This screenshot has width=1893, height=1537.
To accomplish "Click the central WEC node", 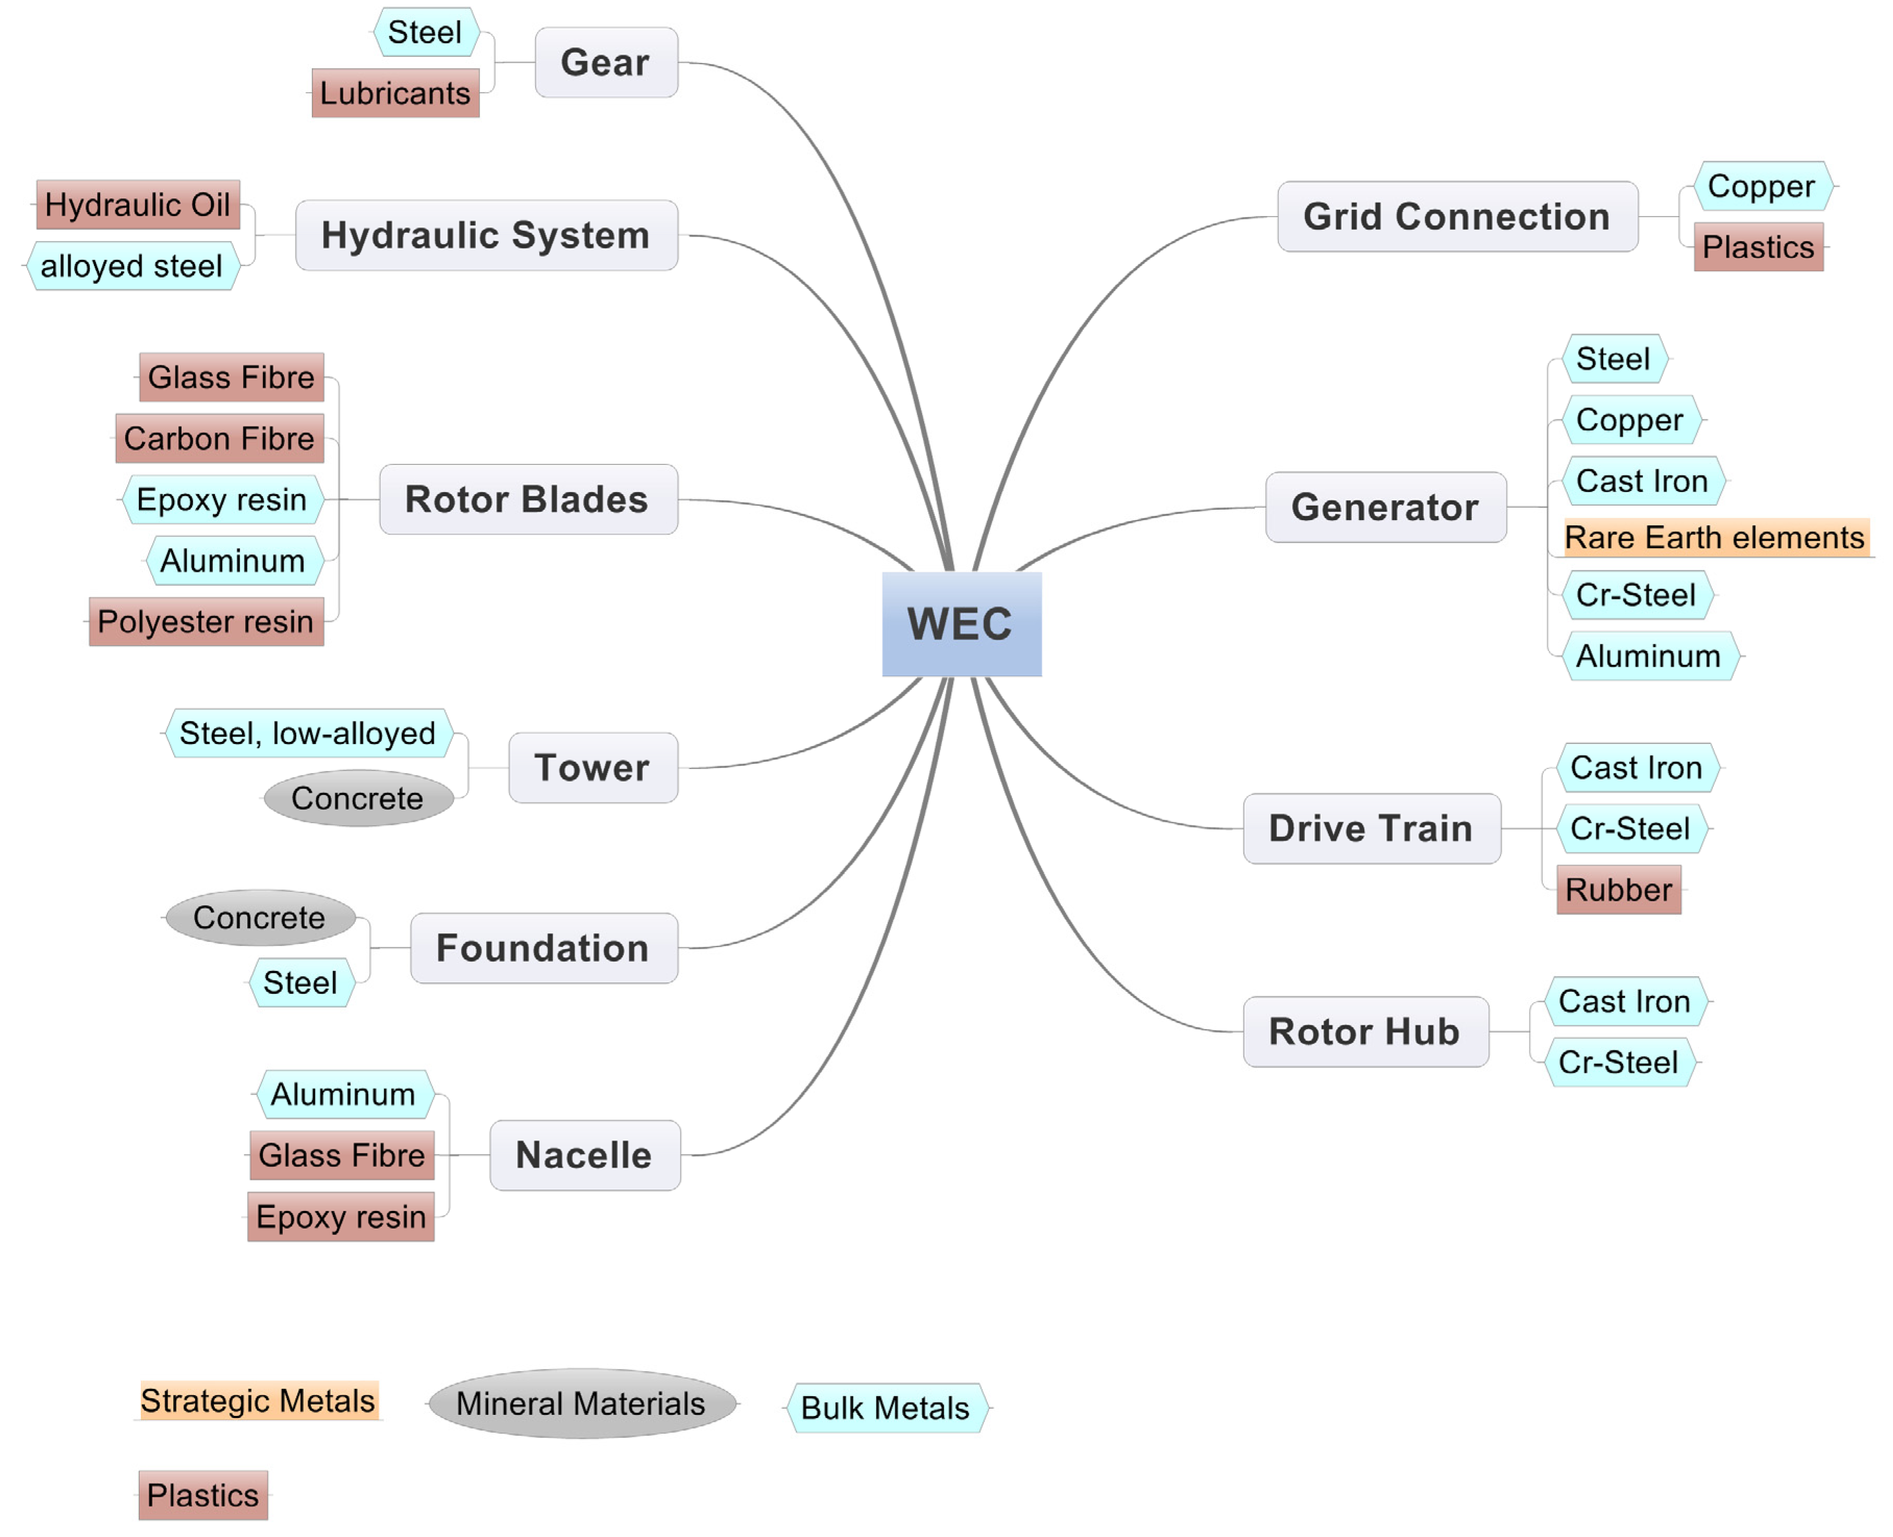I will [961, 624].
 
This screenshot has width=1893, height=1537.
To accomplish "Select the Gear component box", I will [606, 63].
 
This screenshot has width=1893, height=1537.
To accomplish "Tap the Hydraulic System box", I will [486, 235].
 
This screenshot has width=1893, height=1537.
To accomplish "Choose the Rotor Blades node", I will [528, 499].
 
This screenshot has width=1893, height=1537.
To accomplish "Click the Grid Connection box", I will [1456, 217].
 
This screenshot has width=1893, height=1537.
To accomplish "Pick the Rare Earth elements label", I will [1715, 537].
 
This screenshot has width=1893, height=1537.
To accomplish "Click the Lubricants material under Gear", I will [395, 93].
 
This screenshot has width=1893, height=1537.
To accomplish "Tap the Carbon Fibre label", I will [220, 438].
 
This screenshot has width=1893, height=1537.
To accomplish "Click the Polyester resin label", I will [206, 621].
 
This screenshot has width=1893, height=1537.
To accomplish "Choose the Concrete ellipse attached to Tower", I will [358, 799].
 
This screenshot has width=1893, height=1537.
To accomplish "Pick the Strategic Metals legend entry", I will [258, 1401].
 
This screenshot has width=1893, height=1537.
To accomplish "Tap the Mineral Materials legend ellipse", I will [581, 1403].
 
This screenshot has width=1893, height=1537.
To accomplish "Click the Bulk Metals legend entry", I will [885, 1408].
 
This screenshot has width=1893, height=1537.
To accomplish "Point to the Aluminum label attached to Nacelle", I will [343, 1094].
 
